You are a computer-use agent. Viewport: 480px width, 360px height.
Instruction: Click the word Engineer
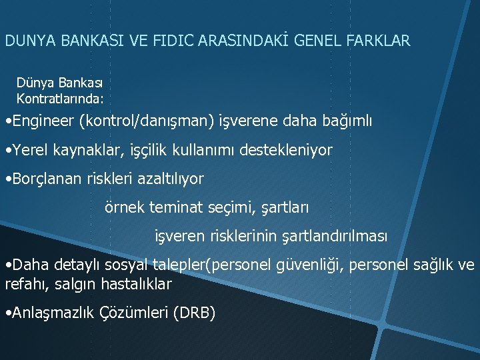tap(42, 122)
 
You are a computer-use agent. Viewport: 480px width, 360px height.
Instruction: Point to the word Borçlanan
tap(44, 179)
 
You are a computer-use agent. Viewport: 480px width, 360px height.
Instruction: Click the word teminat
tap(172, 207)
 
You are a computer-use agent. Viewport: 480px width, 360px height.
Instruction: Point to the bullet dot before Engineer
tap(6, 122)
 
